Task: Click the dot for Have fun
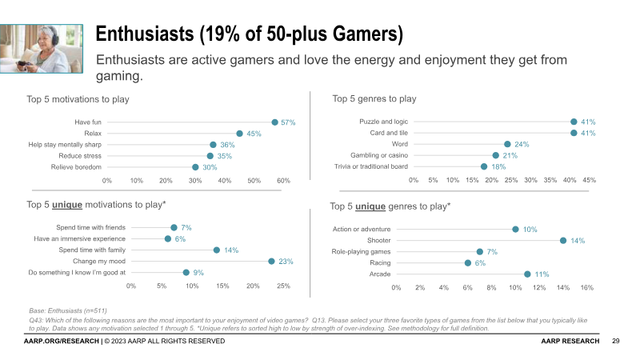pos(274,122)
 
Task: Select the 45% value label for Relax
pos(254,134)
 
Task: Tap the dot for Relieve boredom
pos(195,167)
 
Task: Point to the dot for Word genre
pos(507,144)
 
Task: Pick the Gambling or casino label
pos(379,155)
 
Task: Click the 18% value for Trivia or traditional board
pos(498,166)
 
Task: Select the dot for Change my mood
pos(271,261)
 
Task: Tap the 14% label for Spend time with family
pos(231,250)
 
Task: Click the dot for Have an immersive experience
pos(168,238)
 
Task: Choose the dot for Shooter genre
pos(563,240)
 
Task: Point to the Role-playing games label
pos(362,251)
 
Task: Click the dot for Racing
pos(468,262)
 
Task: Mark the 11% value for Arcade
pos(542,274)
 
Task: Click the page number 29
pos(616,342)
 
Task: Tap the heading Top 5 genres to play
pos(374,99)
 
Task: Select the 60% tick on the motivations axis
pos(283,181)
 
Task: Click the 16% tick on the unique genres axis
pos(586,286)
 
